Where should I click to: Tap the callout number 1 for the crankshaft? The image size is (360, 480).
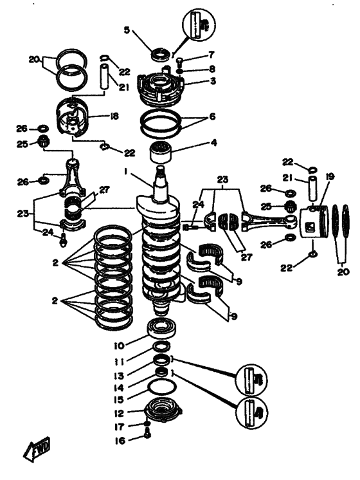coord(125,172)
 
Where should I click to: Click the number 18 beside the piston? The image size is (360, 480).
coord(114,116)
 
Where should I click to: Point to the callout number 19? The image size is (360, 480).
coord(329,177)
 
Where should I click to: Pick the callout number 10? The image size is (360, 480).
coord(120,346)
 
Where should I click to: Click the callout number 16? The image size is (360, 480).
coord(120,441)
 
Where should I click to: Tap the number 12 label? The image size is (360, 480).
coord(119,413)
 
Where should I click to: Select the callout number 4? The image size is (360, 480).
coord(213,143)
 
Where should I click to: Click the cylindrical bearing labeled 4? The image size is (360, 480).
coord(161,152)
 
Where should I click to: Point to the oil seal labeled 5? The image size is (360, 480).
coord(160,54)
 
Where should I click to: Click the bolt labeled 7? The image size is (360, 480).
coord(180,62)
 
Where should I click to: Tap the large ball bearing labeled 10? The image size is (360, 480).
coord(161,328)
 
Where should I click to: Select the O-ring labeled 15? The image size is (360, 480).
coord(162,388)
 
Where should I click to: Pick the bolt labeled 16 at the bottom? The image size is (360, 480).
coord(147,434)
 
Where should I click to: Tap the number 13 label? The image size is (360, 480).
coord(119,375)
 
